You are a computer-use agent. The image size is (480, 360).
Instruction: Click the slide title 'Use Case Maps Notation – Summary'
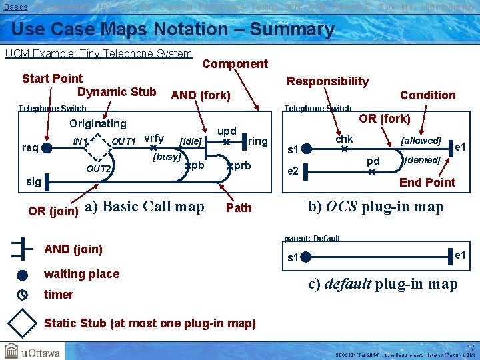tap(173, 29)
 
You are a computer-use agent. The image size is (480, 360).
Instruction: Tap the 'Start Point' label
tap(53, 79)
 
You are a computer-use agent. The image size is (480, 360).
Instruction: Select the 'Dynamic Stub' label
tap(117, 92)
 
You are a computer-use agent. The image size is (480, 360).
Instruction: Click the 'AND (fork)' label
tap(201, 95)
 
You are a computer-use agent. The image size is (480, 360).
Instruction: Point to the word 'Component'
tap(235, 64)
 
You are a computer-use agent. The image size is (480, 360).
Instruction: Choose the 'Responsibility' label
tap(327, 81)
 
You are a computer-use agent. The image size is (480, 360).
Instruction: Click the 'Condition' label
tap(427, 95)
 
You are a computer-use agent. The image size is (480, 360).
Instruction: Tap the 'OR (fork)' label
tap(385, 119)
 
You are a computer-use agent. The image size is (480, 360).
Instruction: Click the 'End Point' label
tap(427, 183)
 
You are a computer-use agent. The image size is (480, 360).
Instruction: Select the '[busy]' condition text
tap(167, 157)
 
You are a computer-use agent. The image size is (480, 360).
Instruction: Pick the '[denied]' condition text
tap(422, 160)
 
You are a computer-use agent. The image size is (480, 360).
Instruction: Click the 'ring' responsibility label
tap(257, 141)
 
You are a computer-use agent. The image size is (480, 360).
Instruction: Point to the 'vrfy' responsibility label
tap(154, 138)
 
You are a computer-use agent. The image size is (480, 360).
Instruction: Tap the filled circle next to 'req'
tap(47, 148)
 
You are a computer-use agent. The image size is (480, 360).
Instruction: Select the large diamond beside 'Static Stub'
tap(22, 323)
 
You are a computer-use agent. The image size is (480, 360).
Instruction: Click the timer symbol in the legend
tap(22, 294)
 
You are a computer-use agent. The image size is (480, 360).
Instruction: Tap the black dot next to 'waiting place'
tap(22, 275)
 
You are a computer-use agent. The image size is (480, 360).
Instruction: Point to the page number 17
tap(470, 347)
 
